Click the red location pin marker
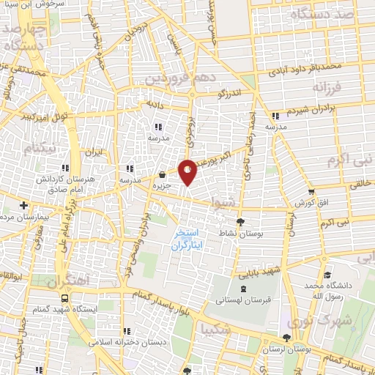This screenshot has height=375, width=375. [187, 171]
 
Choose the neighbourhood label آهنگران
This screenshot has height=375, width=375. [67, 281]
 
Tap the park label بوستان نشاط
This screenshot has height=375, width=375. [242, 233]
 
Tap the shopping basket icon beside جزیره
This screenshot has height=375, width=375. [162, 175]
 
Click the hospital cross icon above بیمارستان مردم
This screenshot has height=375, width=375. [24, 205]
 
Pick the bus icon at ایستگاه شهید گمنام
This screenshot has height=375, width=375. [66, 298]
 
